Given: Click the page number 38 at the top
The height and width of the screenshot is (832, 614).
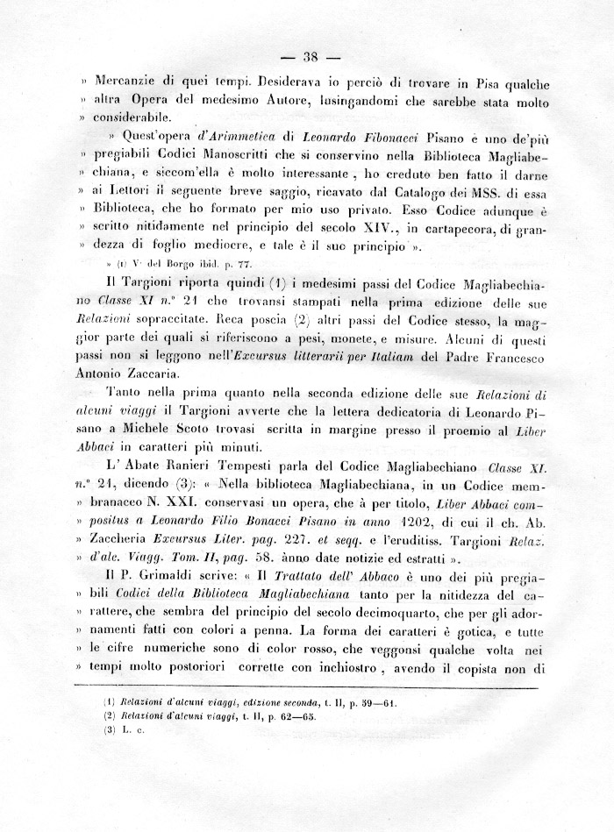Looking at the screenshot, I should click(308, 58).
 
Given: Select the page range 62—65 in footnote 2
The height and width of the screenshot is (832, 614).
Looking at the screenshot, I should click(301, 716).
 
